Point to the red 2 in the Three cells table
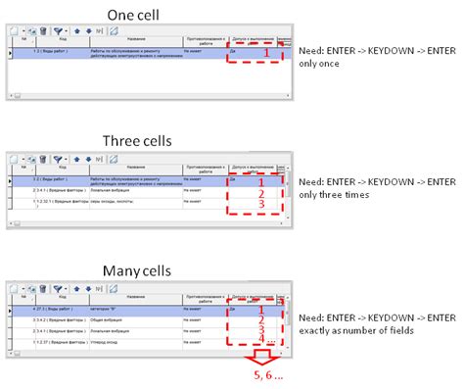tap(261, 192)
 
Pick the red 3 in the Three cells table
tap(261, 204)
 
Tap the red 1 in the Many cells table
tap(260, 309)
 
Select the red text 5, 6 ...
tap(264, 376)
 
